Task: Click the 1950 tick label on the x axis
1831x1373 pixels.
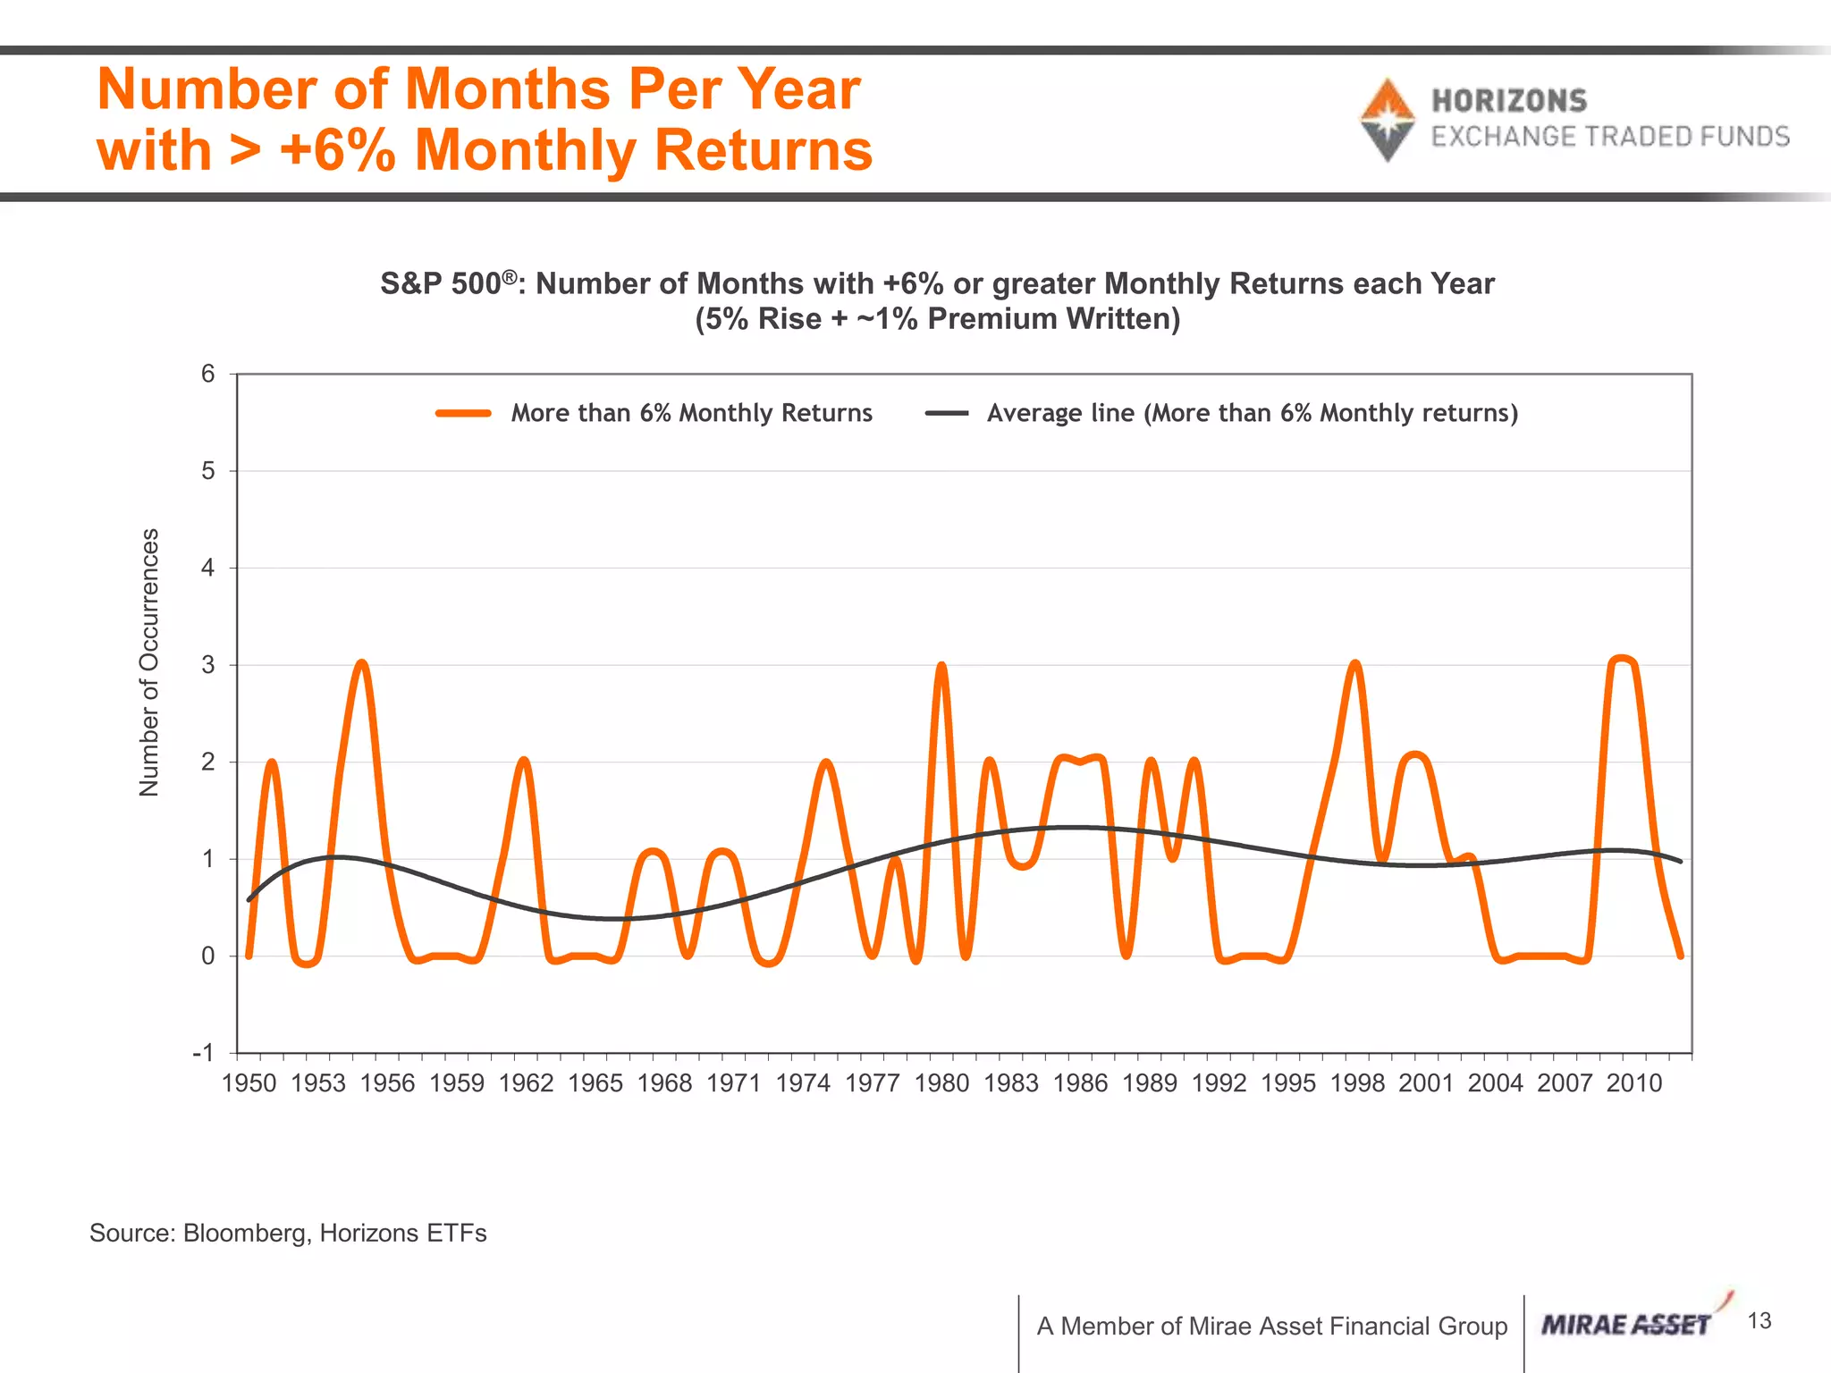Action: tap(249, 1083)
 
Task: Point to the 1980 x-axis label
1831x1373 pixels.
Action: tap(941, 1083)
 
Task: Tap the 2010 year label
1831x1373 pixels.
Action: tap(1634, 1083)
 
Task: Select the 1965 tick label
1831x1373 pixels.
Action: tap(595, 1083)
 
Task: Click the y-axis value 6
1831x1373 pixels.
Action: tap(208, 374)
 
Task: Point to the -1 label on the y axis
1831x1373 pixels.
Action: tap(204, 1053)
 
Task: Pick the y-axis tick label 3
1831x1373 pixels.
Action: tap(208, 665)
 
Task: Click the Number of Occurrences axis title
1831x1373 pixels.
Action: tap(149, 662)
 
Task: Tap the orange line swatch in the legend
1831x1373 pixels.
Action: tap(463, 413)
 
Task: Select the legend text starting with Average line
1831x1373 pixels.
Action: tap(1252, 413)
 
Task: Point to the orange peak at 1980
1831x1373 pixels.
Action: tap(941, 667)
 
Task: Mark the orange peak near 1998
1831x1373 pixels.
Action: tap(1356, 665)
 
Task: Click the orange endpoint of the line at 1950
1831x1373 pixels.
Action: tap(249, 956)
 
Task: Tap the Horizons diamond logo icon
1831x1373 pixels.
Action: tap(1387, 120)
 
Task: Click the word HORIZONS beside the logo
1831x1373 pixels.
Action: tap(1509, 101)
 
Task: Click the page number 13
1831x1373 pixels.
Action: tap(1759, 1321)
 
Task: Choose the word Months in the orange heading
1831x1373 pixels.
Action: tap(507, 89)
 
